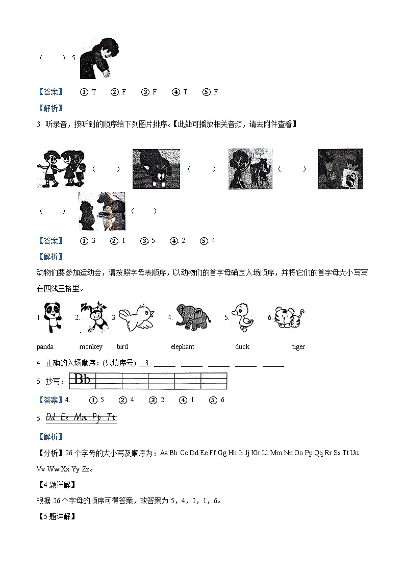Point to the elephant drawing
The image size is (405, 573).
193,318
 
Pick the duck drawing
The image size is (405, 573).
241,317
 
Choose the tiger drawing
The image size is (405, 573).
288,318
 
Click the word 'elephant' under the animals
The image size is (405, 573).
182,347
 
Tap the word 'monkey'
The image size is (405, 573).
91,347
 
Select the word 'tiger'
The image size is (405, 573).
298,347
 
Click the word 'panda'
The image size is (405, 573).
45,347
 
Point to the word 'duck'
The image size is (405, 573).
242,347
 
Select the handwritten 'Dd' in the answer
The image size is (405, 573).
51,417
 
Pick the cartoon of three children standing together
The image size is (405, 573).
60,169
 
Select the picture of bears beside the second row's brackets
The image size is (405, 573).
102,211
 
